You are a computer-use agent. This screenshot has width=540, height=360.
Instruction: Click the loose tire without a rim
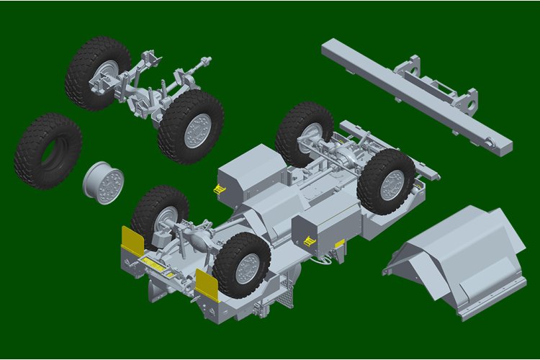click(48, 151)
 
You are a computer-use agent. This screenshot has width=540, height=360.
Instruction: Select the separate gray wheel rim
click(104, 181)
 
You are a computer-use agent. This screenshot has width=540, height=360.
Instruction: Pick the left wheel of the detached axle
click(96, 74)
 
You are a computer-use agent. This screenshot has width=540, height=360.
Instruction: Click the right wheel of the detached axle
click(191, 127)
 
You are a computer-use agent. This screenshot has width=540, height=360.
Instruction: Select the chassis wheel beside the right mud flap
click(241, 264)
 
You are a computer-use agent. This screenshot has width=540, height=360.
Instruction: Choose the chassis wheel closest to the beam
click(304, 133)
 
